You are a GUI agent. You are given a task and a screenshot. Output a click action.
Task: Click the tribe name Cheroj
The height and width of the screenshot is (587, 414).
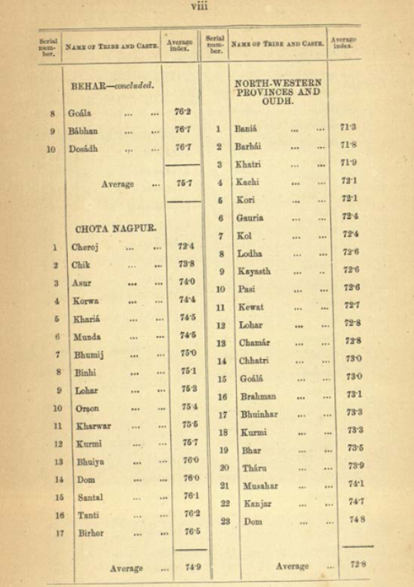(85, 247)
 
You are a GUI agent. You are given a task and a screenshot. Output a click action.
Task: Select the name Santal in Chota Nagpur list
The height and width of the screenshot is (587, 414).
(89, 498)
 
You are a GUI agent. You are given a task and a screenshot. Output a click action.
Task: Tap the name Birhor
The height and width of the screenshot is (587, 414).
(90, 532)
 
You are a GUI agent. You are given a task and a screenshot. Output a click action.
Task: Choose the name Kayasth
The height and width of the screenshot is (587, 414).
(255, 271)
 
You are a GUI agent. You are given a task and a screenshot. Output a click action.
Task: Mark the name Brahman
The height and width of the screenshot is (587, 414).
(257, 396)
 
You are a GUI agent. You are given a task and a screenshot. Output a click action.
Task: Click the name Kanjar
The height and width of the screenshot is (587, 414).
(252, 503)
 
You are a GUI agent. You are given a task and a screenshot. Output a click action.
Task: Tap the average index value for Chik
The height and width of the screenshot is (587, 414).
(187, 264)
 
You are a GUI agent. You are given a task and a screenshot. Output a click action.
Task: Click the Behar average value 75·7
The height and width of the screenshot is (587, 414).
(184, 183)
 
